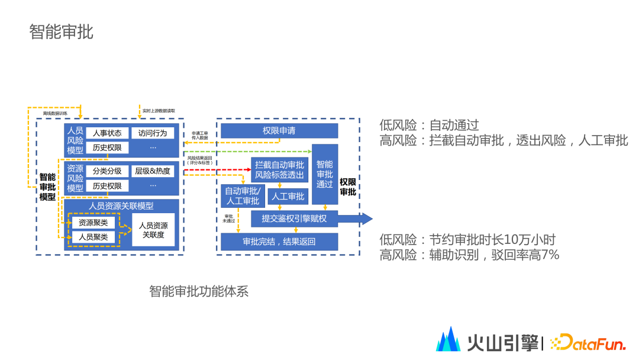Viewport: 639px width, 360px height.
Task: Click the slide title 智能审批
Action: [62, 32]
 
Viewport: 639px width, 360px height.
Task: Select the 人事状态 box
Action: [107, 133]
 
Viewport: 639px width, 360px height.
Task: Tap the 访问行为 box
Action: [153, 133]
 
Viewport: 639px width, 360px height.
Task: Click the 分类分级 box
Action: [107, 171]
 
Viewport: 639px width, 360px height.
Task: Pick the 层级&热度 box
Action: [153, 171]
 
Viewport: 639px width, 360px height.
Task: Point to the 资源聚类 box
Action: [93, 223]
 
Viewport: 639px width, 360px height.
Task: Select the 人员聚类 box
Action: [93, 237]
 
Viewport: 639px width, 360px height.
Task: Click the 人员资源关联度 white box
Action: [153, 230]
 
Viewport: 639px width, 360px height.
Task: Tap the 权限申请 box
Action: [279, 131]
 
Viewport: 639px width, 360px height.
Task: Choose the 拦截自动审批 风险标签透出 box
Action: [279, 170]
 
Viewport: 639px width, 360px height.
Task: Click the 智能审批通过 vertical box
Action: [325, 174]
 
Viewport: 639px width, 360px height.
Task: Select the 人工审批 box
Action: [288, 197]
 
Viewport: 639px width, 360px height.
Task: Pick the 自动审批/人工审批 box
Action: [242, 197]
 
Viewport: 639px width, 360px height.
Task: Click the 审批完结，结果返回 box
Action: [279, 242]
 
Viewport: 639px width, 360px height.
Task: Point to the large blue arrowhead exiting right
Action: [365, 219]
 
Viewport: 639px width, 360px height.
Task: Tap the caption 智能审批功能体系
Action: [199, 291]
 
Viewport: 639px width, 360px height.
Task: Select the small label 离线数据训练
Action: [55, 113]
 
